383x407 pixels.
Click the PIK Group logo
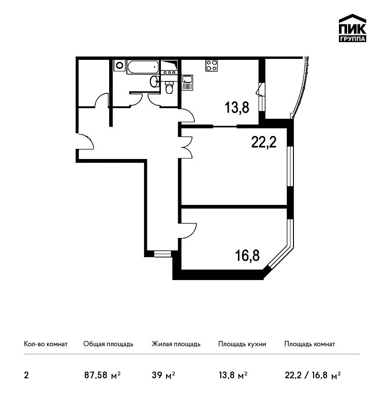click(x=352, y=28)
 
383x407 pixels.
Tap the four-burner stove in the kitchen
click(x=212, y=66)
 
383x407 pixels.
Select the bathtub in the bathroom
click(x=143, y=67)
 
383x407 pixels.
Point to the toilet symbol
click(x=169, y=88)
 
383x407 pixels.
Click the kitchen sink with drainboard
click(x=187, y=82)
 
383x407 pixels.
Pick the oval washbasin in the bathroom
click(x=154, y=81)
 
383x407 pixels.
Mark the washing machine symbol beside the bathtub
click(x=119, y=65)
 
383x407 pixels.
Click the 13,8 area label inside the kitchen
click(x=237, y=107)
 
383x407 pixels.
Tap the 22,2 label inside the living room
click(x=264, y=142)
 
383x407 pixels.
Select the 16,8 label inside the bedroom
click(x=248, y=255)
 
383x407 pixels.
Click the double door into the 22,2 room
click(x=186, y=147)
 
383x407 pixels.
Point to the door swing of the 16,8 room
click(x=188, y=231)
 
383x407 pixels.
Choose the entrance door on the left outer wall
click(x=85, y=141)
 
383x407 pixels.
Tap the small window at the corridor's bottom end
click(x=162, y=254)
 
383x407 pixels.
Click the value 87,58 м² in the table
click(x=102, y=375)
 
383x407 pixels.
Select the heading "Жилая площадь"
click(x=176, y=344)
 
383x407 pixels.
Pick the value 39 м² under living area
click(x=163, y=375)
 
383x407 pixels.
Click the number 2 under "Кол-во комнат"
click(x=26, y=375)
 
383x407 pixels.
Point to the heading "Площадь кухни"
click(x=242, y=344)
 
